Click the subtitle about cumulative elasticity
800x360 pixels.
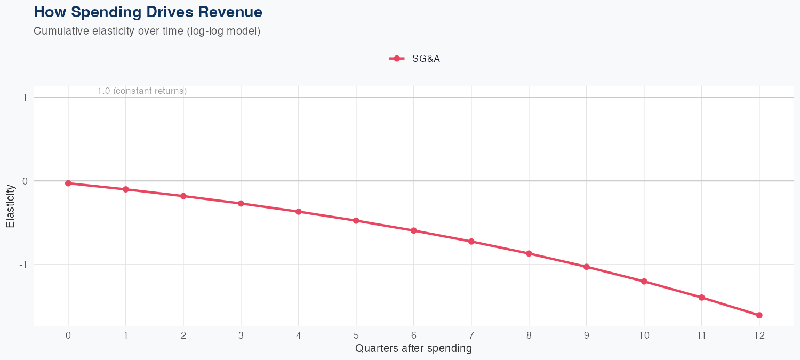(x=147, y=31)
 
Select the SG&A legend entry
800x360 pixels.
(x=415, y=59)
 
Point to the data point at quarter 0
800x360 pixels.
(x=68, y=183)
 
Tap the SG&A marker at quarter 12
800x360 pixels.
(x=759, y=315)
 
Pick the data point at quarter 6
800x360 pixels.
(x=413, y=230)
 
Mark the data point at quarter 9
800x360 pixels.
(x=586, y=267)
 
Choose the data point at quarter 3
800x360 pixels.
(x=241, y=203)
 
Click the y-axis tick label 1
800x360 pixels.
(x=25, y=98)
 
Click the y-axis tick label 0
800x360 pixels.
(x=25, y=181)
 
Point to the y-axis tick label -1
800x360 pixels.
(x=23, y=265)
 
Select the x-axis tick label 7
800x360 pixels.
(x=471, y=335)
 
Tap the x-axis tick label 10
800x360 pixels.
(x=644, y=335)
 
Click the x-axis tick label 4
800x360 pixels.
(x=299, y=335)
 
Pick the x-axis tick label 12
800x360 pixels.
(x=759, y=335)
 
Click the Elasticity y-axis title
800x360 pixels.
(x=10, y=206)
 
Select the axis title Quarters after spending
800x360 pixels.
(x=413, y=349)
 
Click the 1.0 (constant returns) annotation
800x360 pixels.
(x=142, y=91)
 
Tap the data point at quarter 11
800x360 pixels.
(x=701, y=297)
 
